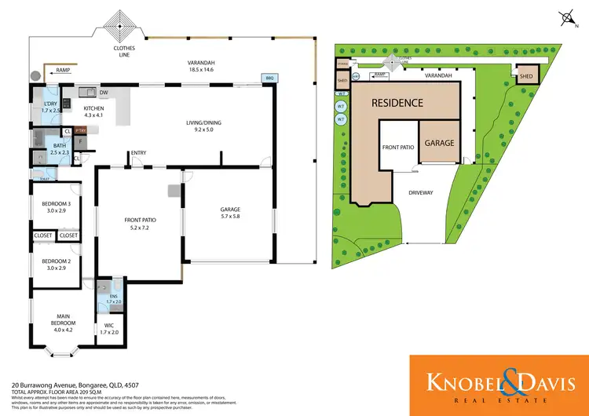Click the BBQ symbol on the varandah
(268, 78)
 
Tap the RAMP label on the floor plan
(63, 71)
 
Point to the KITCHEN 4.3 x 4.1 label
(93, 111)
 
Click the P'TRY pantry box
(81, 132)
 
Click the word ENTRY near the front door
(139, 153)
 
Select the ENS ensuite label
(113, 298)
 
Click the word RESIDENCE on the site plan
(397, 103)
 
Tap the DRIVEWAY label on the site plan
(423, 192)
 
